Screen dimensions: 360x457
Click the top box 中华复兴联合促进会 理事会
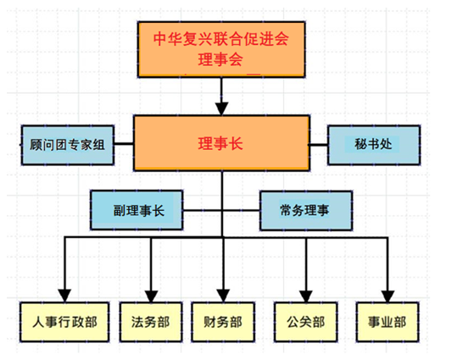click(x=220, y=49)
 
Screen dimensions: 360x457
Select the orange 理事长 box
click(x=220, y=144)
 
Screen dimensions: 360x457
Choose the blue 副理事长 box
click(x=137, y=209)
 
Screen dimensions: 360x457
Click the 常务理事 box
click(x=304, y=209)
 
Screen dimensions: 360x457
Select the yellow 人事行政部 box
click(x=64, y=321)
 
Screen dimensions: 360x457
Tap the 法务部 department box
click(x=150, y=321)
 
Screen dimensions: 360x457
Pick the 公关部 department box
click(x=305, y=321)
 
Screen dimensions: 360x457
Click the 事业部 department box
click(x=387, y=321)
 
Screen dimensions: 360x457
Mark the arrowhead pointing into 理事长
click(x=221, y=108)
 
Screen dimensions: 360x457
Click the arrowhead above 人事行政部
click(x=64, y=290)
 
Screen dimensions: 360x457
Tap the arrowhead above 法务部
click(x=150, y=290)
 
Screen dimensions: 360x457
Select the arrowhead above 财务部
click(x=222, y=290)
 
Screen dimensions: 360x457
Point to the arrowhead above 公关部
click(x=306, y=290)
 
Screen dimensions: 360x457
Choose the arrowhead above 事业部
click(x=388, y=290)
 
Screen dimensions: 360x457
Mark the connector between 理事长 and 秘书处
click(x=318, y=145)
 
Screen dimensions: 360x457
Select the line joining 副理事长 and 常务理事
click(x=221, y=208)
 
